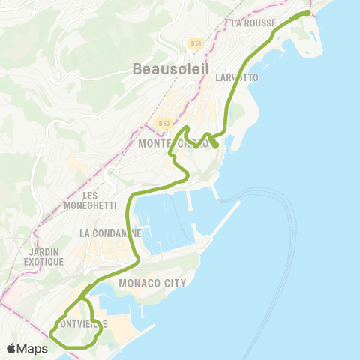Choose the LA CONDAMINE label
point(110,233)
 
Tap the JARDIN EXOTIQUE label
point(43,256)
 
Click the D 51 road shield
point(196,43)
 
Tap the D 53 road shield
point(164,123)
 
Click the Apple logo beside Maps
point(13,348)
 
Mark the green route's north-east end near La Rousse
point(307,13)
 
